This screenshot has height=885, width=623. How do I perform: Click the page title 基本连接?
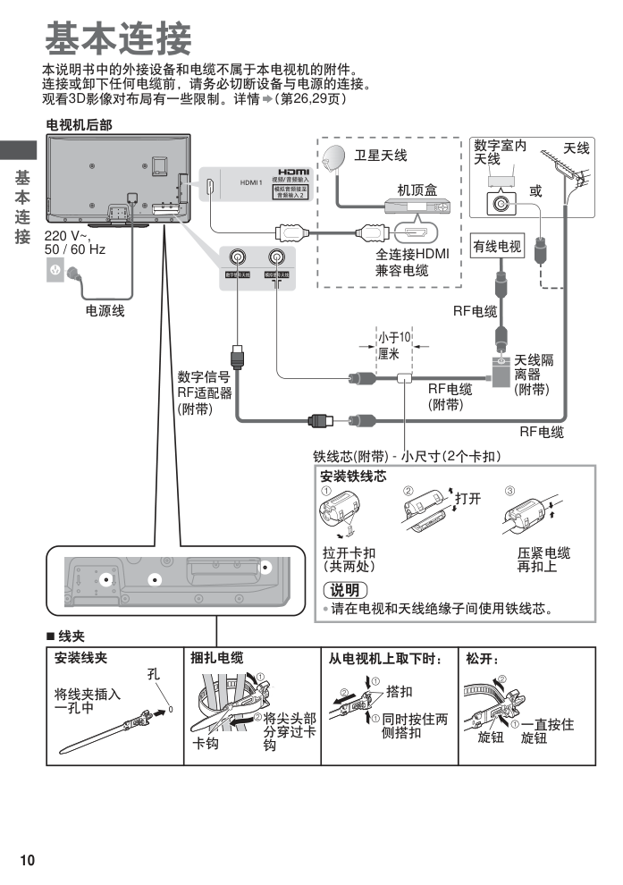click(x=117, y=38)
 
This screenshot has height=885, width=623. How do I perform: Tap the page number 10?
click(x=28, y=860)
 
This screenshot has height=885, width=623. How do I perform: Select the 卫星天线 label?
click(x=381, y=156)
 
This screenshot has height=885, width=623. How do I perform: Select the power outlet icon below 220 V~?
click(x=55, y=271)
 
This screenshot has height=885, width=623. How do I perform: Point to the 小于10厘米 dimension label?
click(x=393, y=345)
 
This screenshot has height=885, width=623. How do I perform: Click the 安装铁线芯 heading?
click(x=353, y=478)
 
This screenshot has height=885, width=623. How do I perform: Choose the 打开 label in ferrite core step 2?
click(x=467, y=498)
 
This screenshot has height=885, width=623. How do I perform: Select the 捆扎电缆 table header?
click(x=217, y=658)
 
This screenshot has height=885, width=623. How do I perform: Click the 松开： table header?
click(x=483, y=658)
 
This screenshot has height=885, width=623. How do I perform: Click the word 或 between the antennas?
click(x=535, y=190)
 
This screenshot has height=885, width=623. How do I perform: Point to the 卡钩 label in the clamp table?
click(x=206, y=744)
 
